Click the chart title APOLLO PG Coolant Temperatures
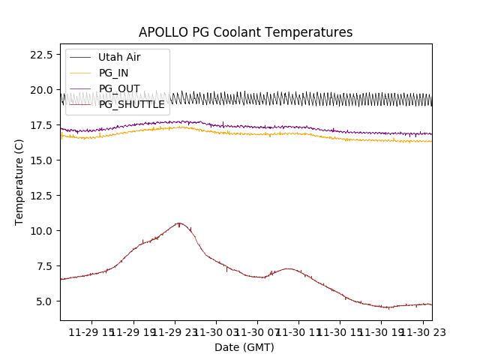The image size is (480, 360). point(245,32)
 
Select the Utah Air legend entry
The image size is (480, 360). point(119,57)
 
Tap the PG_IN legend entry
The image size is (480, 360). point(113,73)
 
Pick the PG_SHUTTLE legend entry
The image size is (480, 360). point(131,104)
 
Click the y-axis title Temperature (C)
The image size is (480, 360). point(19,181)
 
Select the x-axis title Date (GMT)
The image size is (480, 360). point(244,347)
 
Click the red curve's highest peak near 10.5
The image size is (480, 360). point(178,223)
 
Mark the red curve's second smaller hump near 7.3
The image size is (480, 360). point(288,268)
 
